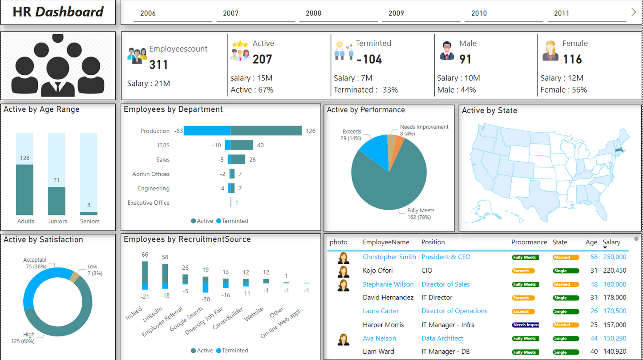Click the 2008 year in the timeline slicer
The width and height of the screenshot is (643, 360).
(314, 13)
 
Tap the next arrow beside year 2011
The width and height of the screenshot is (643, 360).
(634, 12)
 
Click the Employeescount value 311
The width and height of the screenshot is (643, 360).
(158, 65)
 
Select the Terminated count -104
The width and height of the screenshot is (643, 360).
(369, 59)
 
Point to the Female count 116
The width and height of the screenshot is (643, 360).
(572, 59)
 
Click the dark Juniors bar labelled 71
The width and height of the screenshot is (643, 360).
(57, 201)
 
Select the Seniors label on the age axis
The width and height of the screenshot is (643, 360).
(89, 221)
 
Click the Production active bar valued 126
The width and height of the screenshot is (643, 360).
(266, 131)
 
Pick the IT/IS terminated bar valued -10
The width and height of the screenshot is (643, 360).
(228, 145)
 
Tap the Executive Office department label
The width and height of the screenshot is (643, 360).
(149, 202)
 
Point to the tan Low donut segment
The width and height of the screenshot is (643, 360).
(75, 277)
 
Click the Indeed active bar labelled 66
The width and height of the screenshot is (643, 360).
(145, 272)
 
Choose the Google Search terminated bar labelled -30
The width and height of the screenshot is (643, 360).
(206, 287)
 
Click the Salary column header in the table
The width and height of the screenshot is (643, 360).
(611, 242)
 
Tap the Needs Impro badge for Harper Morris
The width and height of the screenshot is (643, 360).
(526, 325)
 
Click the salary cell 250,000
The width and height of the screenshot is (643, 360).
(615, 257)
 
